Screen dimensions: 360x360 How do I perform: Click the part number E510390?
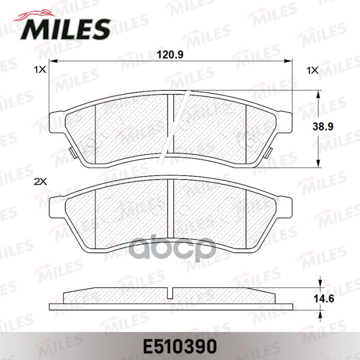180,346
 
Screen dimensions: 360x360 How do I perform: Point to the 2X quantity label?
41,182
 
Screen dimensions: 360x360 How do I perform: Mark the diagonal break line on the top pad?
176,126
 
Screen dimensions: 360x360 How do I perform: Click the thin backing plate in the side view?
171,307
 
